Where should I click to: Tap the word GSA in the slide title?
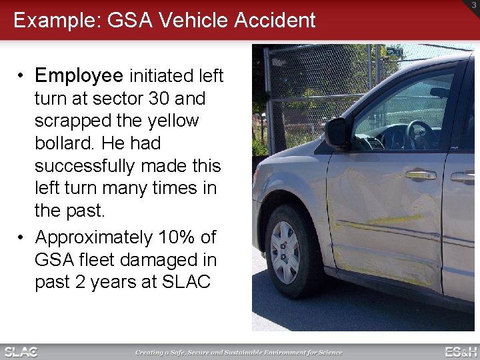[122, 20]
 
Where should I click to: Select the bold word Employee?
[79, 76]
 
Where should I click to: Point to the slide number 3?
[473, 5]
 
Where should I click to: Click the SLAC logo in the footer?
[21, 351]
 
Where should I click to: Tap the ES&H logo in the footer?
[461, 351]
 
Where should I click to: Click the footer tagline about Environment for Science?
[239, 352]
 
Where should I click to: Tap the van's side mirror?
[337, 133]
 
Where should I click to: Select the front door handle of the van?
[420, 175]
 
